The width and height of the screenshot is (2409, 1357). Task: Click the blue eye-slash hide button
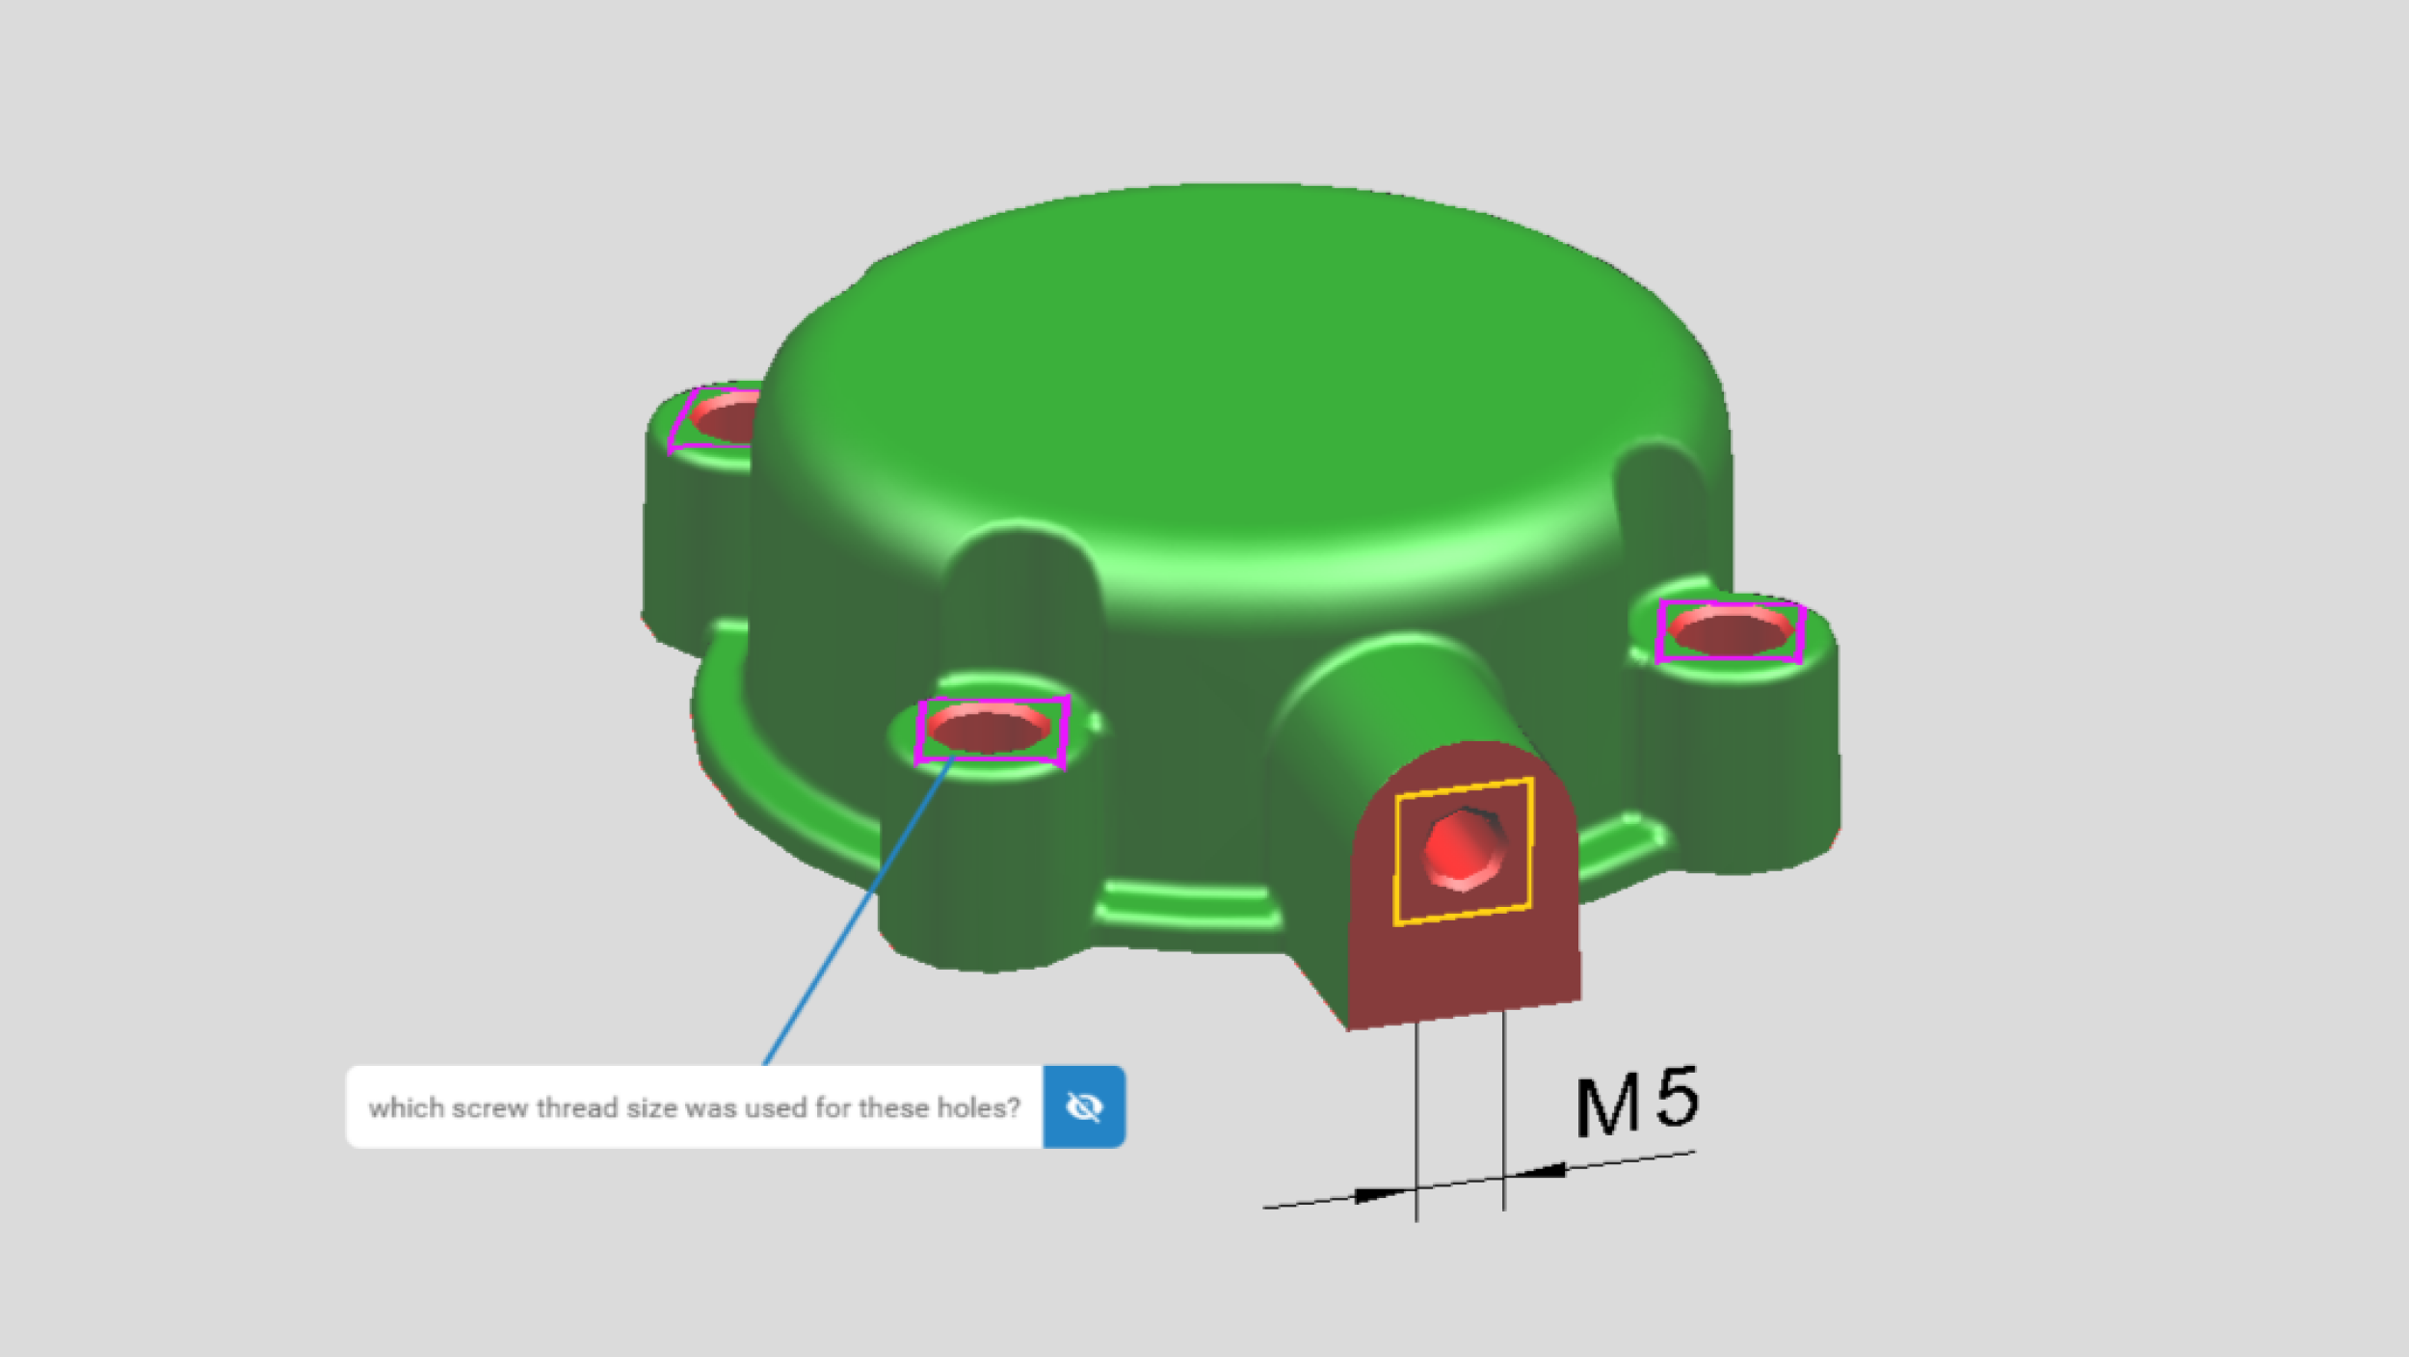pos(1083,1106)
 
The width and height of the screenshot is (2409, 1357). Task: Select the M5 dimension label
pos(1636,1101)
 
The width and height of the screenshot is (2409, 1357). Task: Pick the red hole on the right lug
pos(1731,632)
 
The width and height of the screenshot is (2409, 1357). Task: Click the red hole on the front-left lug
pos(989,729)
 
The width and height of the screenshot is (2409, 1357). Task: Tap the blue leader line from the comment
pos(858,911)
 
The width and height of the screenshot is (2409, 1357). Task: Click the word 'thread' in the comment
pos(576,1108)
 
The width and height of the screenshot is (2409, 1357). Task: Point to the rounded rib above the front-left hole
pos(1021,598)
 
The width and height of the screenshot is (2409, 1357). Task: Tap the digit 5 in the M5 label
pos(1677,1097)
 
